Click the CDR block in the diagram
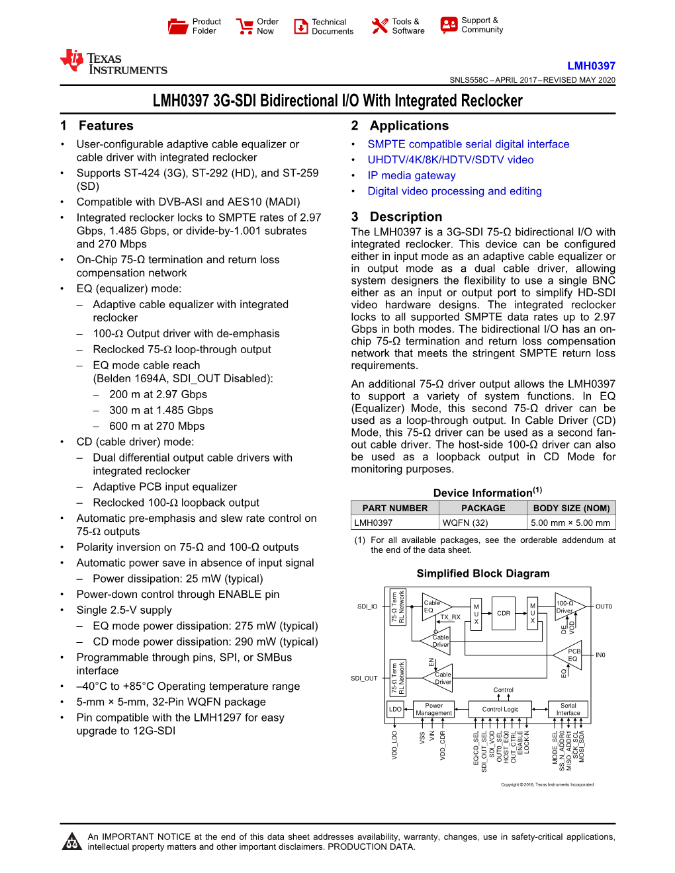point(504,613)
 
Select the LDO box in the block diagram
point(395,709)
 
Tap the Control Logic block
point(500,709)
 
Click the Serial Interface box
point(568,709)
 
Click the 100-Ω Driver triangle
point(566,606)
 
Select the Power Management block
point(433,709)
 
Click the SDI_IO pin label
point(367,606)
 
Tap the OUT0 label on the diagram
point(604,606)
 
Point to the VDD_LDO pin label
point(395,745)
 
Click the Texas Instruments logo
point(113,63)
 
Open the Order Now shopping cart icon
point(245,26)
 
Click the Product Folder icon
point(178,26)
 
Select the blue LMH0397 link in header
point(591,65)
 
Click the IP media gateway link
point(411,175)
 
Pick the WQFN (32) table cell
point(465,522)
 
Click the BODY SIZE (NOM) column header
point(571,508)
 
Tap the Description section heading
point(405,217)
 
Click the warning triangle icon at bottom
point(71,842)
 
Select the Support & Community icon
point(449,25)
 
